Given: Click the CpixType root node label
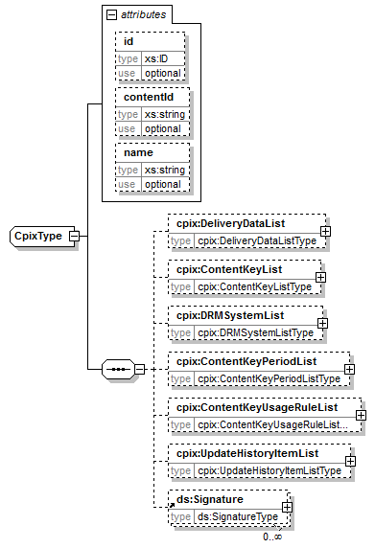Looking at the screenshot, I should click(x=37, y=236).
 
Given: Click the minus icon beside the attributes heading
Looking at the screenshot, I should click(x=111, y=15).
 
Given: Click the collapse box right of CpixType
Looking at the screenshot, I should click(x=73, y=236).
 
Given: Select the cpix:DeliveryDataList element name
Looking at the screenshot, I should click(x=221, y=223).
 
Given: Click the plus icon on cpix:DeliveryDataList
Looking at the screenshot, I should click(x=326, y=231).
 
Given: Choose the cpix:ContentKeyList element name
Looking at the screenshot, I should click(x=217, y=269).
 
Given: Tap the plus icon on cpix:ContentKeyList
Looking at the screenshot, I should click(x=319, y=277).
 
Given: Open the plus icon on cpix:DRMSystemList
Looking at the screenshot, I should click(x=322, y=323).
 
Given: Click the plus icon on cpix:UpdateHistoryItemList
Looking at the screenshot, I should click(x=350, y=461).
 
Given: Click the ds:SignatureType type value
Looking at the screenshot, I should click(x=231, y=516).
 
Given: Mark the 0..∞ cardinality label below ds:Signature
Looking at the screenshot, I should click(x=272, y=537).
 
